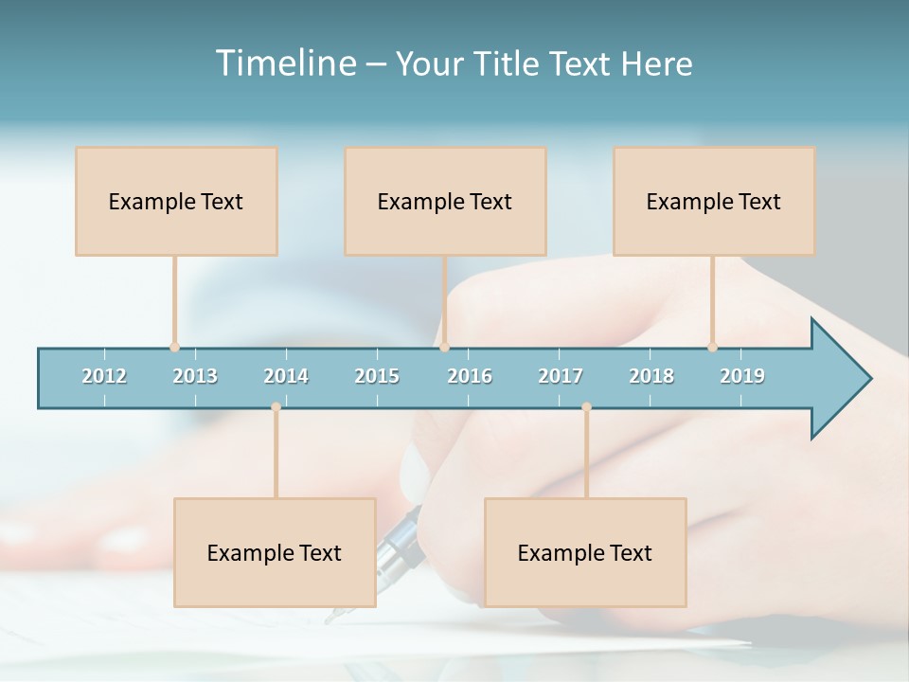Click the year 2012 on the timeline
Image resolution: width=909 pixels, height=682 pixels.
[x=104, y=376]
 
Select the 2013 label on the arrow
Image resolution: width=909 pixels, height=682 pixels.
[x=195, y=376]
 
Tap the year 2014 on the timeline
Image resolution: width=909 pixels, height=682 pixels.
[x=286, y=376]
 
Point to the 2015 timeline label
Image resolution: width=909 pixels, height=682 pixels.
[x=377, y=376]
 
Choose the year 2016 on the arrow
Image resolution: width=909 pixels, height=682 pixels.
[x=470, y=376]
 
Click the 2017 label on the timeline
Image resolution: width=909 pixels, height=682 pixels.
[x=561, y=376]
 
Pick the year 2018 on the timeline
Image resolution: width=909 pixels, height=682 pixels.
[x=651, y=376]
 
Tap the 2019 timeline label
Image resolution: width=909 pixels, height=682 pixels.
[x=742, y=376]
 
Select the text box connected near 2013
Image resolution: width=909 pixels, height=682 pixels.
[x=176, y=201]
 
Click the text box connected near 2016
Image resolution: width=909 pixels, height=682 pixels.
[x=445, y=201]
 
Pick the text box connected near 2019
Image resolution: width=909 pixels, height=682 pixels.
[x=714, y=201]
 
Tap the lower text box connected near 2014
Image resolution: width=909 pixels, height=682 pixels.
[x=275, y=552]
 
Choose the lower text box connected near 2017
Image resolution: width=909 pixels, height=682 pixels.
[x=585, y=552]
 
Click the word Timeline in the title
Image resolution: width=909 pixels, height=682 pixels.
[x=284, y=63]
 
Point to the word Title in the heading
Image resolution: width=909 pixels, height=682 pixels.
[x=508, y=63]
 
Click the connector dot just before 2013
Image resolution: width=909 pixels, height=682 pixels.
[x=175, y=347]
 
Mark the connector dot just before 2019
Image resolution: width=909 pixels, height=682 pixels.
[x=713, y=347]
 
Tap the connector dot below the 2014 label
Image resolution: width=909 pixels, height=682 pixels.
[x=276, y=407]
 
